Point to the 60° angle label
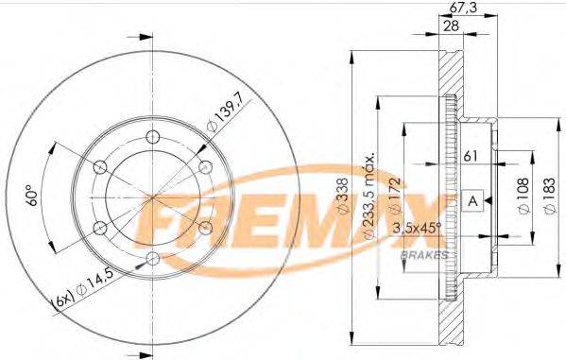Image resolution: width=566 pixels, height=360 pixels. (32, 196)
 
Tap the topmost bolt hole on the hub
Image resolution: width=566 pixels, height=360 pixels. (153, 135)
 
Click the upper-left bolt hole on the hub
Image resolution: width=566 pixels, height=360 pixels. (99, 166)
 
